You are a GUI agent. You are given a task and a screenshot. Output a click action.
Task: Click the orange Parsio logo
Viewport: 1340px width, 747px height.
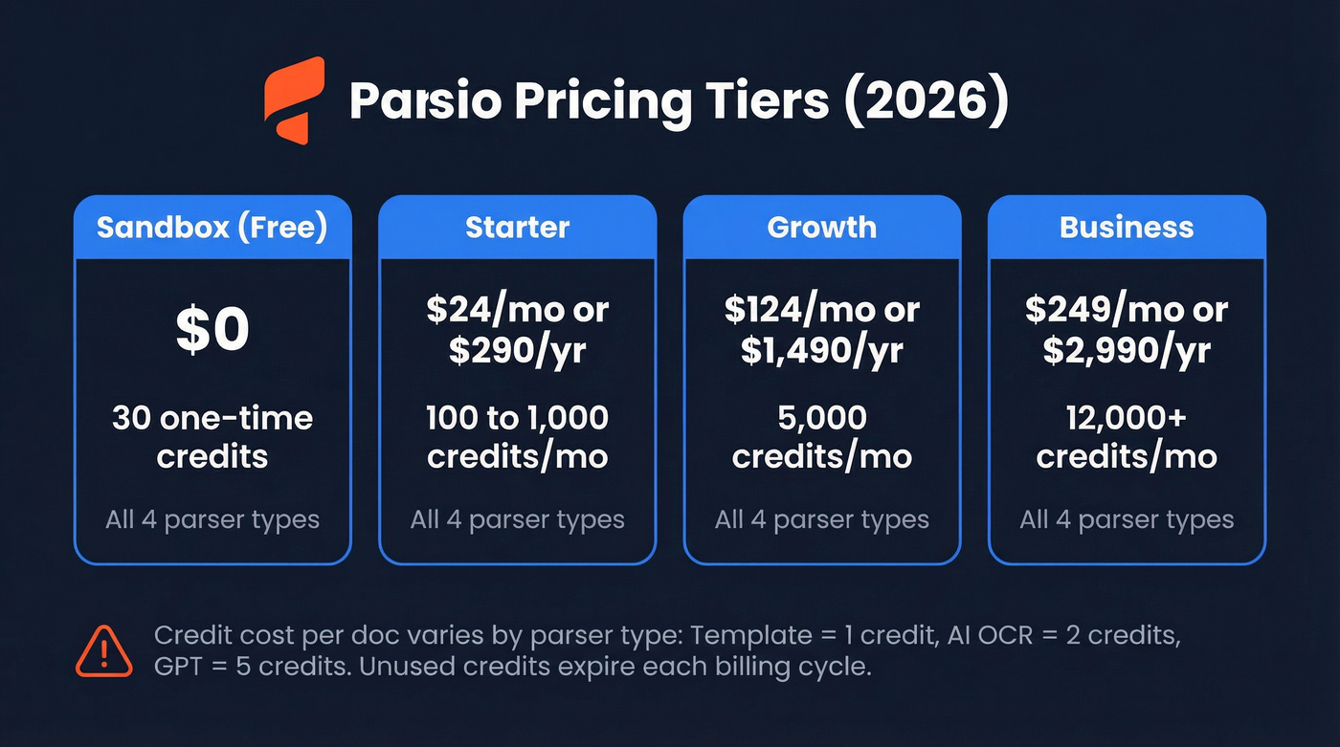pos(295,100)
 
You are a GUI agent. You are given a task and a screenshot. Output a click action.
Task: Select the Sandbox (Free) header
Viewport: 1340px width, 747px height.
pos(212,228)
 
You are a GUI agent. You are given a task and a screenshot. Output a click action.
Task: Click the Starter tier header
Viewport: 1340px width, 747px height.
pos(517,228)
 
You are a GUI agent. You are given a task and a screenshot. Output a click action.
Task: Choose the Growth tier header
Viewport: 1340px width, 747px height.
pos(821,228)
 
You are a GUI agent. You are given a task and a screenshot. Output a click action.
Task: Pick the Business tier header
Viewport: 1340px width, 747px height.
pos(1127,228)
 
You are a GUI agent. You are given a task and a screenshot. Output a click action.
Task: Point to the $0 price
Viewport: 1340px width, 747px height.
pos(212,328)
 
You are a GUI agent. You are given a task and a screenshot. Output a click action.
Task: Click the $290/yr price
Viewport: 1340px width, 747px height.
pos(517,351)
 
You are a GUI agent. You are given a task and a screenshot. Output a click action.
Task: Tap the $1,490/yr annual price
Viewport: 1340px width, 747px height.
pos(821,351)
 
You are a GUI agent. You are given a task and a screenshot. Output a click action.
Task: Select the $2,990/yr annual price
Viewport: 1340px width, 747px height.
pos(1127,351)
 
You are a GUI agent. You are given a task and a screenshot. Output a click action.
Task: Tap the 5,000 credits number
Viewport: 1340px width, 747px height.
pos(821,418)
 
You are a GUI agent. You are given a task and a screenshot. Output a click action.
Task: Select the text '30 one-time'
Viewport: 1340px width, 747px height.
pos(212,418)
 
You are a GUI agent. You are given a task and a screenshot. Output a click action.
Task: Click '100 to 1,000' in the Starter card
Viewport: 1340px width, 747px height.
pos(517,418)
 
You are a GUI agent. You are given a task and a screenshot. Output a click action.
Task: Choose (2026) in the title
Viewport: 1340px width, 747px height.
pos(926,101)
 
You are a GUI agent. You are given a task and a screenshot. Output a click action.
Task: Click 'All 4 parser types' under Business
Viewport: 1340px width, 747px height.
pos(1127,520)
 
